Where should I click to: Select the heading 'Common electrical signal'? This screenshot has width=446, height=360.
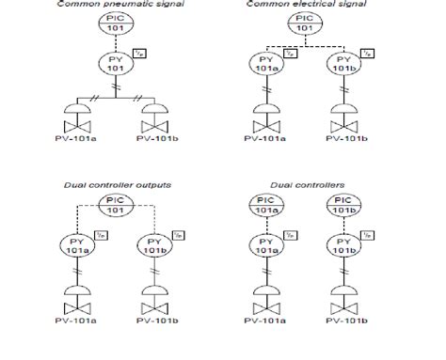(319, 5)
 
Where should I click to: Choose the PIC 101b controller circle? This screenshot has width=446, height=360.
(345, 206)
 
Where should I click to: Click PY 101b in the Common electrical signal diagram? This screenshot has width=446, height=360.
(345, 65)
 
